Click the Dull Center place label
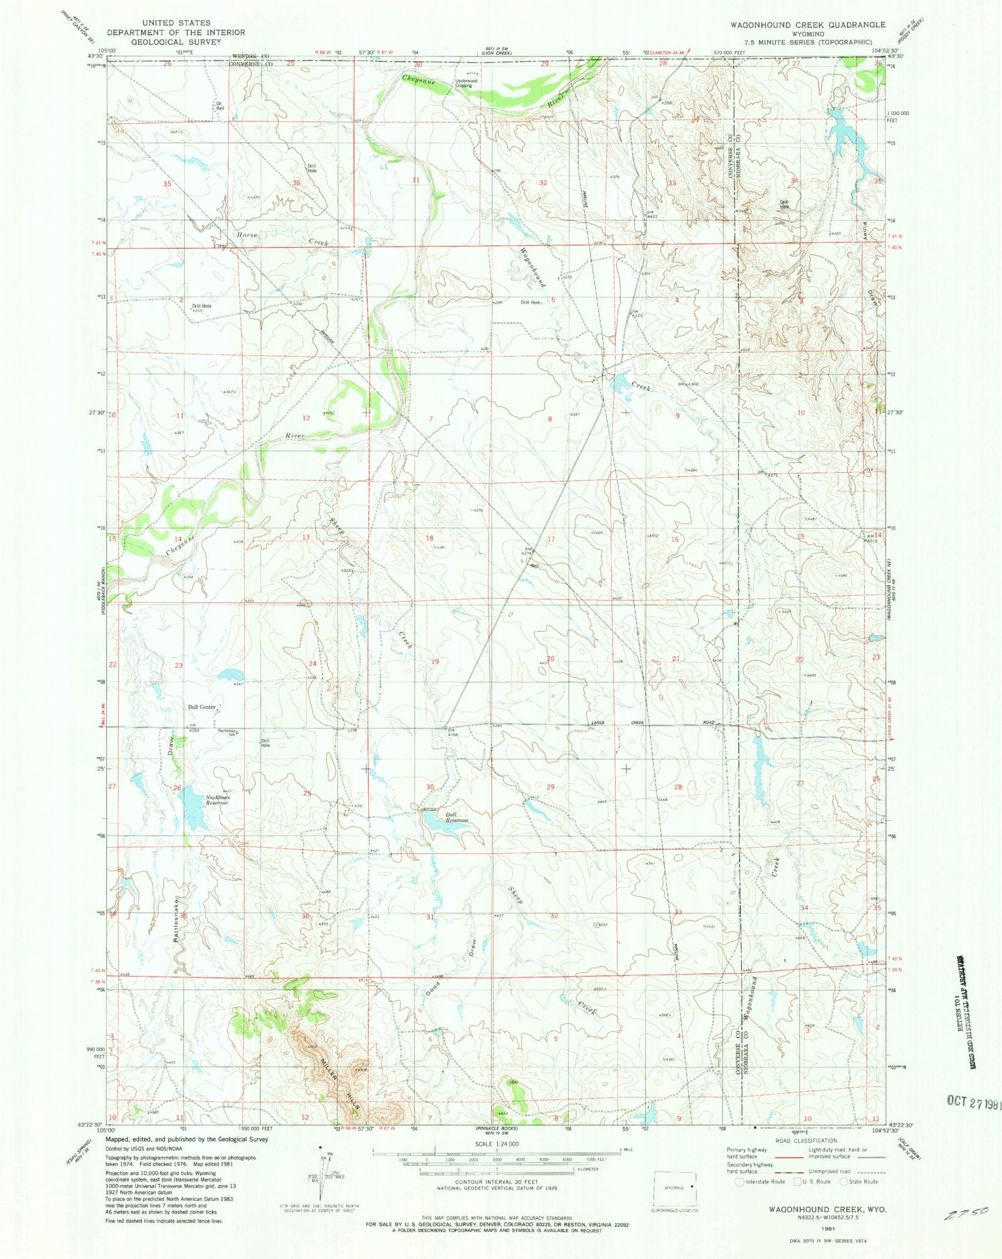click(x=201, y=707)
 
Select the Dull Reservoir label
click(x=457, y=818)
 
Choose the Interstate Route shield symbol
click(x=740, y=1182)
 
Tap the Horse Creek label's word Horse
click(x=247, y=235)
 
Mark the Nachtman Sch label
click(x=226, y=731)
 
